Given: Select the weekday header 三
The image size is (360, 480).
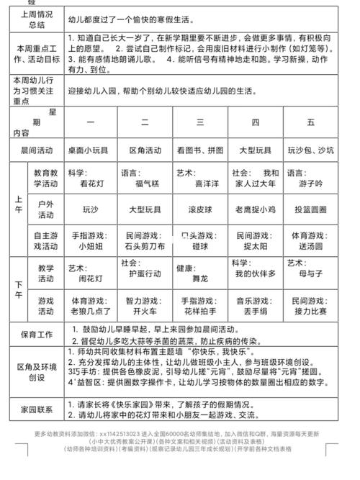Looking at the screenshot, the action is (199, 122).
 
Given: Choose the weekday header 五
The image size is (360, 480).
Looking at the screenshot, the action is (310, 122).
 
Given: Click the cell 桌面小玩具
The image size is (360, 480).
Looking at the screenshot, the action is (90, 150).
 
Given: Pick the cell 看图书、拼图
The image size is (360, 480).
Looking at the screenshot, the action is (199, 150).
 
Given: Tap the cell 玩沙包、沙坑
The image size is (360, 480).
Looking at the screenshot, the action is (310, 150).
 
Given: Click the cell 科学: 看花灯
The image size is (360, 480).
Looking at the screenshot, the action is (90, 179).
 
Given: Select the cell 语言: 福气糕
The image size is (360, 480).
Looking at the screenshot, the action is (145, 179).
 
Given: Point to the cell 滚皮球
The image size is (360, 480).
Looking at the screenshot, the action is (199, 210).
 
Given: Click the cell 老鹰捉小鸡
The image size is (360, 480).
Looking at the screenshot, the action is (255, 210).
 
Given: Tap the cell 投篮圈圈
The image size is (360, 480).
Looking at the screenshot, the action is (310, 210).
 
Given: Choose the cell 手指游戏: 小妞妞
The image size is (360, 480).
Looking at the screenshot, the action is (90, 240).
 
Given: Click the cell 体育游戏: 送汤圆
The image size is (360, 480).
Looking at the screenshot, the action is (310, 240).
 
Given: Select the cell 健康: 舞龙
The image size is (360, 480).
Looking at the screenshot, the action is (199, 271).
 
